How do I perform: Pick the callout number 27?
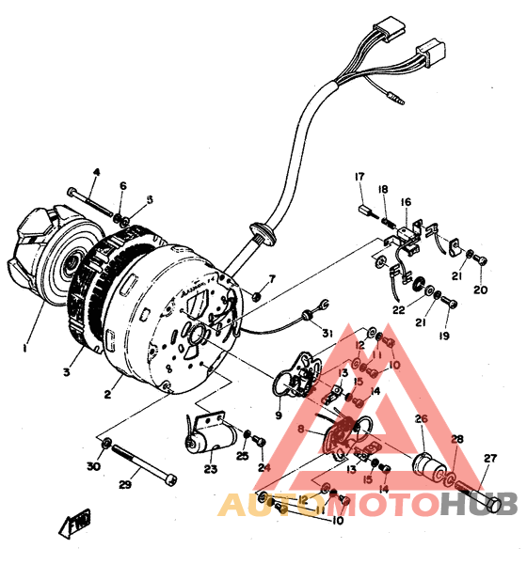488,460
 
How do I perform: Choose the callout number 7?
272,279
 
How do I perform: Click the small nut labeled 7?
255,296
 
